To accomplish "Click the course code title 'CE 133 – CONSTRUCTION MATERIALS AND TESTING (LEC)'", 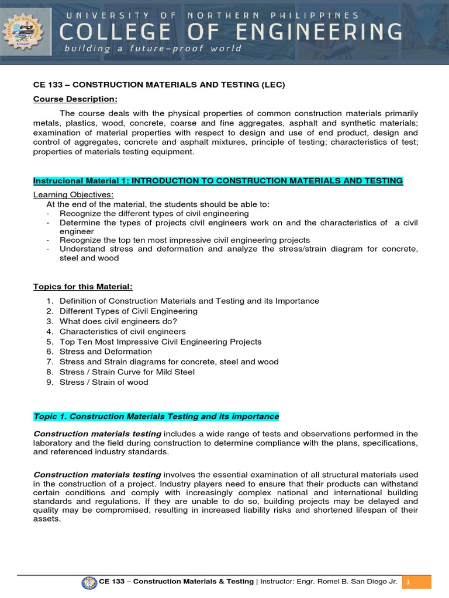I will tap(159, 85).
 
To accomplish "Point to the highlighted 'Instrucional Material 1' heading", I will tap(218, 181).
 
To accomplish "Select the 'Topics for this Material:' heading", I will tap(83, 287).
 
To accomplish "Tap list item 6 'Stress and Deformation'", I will tap(106, 352).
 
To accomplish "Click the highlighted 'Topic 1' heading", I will tap(156, 416).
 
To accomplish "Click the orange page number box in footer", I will tap(416, 582).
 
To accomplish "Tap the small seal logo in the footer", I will tap(89, 582).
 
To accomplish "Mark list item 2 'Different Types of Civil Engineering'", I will tap(129, 311).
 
